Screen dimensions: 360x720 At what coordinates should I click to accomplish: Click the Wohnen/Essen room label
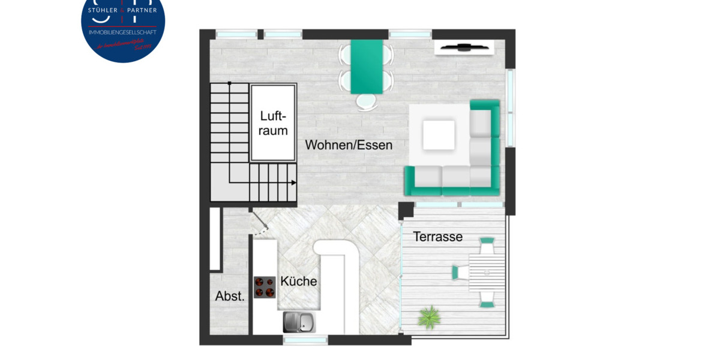pos(349,145)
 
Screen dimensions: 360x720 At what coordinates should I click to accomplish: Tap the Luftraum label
pos(274,123)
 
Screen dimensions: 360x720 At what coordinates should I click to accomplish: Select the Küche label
pos(299,281)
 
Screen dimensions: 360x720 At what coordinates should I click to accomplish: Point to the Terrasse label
pos(438,237)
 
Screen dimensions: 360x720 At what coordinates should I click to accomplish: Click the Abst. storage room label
pos(230,296)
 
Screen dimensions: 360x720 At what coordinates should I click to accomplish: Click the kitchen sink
pos(298,322)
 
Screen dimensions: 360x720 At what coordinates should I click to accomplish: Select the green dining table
pos(367,66)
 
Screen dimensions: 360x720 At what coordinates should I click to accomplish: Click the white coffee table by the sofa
pos(439,135)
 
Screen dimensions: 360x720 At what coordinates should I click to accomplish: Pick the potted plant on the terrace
pos(430,316)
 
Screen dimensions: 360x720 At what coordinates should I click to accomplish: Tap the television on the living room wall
pos(463,47)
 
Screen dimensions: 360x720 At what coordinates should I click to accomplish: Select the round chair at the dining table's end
pos(365,103)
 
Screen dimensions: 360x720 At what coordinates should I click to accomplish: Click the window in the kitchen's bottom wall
pos(305,340)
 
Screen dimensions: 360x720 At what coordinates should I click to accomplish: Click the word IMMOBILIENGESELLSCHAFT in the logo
pos(122,32)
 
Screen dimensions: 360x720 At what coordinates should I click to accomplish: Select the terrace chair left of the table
pos(460,272)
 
